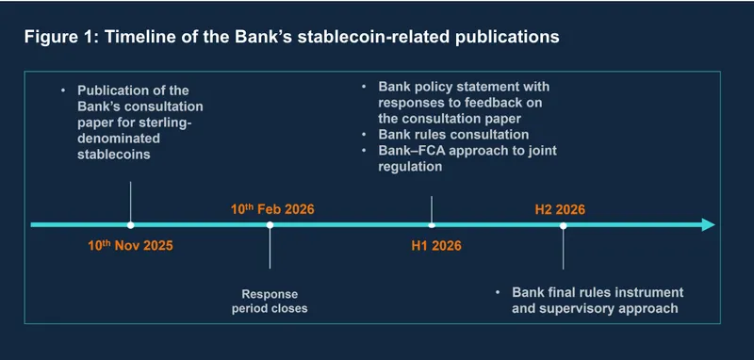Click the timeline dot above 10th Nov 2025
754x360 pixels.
tap(130, 225)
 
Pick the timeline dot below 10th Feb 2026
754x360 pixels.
tap(270, 225)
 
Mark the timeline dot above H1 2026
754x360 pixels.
tap(432, 225)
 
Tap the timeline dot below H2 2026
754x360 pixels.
tap(563, 225)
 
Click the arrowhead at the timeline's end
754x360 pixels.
tap(707, 225)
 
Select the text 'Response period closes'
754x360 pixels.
tap(270, 300)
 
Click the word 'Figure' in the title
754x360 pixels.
tap(48, 38)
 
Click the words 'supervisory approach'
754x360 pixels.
tap(595, 307)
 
